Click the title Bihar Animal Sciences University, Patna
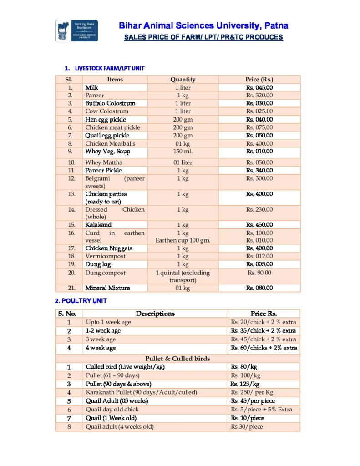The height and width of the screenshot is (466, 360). pyautogui.click(x=203, y=25)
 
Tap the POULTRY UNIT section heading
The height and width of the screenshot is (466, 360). pyautogui.click(x=81, y=301)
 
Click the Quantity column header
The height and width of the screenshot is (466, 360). pyautogui.click(x=183, y=79)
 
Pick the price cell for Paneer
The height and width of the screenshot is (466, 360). pyautogui.click(x=259, y=96)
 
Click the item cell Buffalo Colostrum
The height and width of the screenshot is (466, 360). pyautogui.click(x=110, y=103)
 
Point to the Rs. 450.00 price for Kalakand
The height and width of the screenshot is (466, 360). pyautogui.click(x=259, y=225)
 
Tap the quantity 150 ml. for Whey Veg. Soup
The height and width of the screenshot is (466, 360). pyautogui.click(x=183, y=151)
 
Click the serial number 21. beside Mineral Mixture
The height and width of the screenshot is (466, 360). pyautogui.click(x=70, y=288)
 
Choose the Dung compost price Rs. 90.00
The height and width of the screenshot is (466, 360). pyautogui.click(x=259, y=273)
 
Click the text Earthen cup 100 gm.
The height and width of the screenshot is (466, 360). pyautogui.click(x=183, y=240)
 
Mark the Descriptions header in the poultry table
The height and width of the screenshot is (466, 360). pyautogui.click(x=155, y=314)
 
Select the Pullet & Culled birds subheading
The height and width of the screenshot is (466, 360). pyautogui.click(x=177, y=359)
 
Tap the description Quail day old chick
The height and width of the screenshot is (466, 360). pyautogui.click(x=112, y=410)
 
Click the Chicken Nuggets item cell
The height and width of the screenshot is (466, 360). pyautogui.click(x=109, y=248)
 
